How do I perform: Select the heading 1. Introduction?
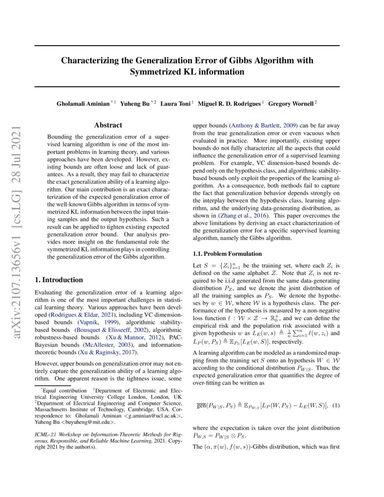coord(59,280)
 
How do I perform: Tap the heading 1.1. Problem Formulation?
coord(227,253)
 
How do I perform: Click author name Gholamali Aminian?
coord(83,103)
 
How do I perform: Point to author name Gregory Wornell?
coord(291,103)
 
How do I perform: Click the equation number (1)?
coord(336,406)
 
